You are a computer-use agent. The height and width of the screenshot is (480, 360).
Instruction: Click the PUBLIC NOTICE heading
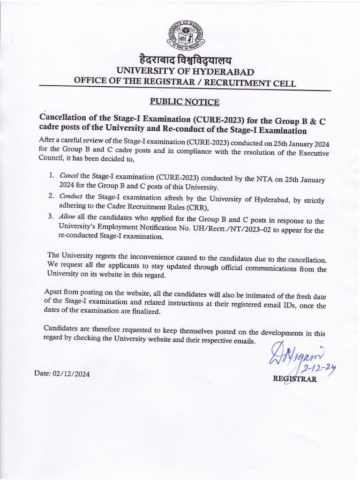[184, 102]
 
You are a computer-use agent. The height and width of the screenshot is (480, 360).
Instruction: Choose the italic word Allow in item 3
[67, 217]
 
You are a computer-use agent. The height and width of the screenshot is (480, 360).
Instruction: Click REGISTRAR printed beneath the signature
[294, 379]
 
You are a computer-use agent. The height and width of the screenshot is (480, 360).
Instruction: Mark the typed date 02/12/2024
[72, 374]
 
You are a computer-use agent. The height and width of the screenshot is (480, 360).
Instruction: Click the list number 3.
[51, 217]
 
